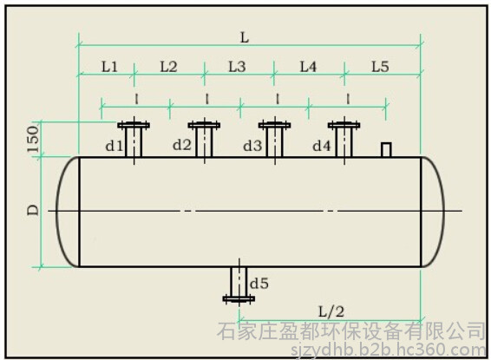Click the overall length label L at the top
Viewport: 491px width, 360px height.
pyautogui.click(x=245, y=38)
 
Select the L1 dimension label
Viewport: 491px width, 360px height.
pyautogui.click(x=109, y=67)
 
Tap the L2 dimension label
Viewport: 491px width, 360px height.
pyautogui.click(x=168, y=67)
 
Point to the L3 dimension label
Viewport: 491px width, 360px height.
pyautogui.click(x=237, y=67)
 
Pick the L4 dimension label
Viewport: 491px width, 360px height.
pyautogui.click(x=309, y=67)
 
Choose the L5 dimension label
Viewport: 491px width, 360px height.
pyautogui.click(x=380, y=67)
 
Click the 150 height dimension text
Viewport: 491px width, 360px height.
pyautogui.click(x=34, y=140)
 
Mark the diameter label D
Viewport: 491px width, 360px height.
pyautogui.click(x=33, y=210)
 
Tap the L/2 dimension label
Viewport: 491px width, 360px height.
pyautogui.click(x=331, y=311)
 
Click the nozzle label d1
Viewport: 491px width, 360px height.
pyautogui.click(x=115, y=146)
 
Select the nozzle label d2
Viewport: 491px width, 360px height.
pyautogui.click(x=182, y=145)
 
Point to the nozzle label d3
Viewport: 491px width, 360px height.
pyautogui.click(x=252, y=146)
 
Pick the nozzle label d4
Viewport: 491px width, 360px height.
pyautogui.click(x=322, y=146)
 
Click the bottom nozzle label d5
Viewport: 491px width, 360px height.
pyautogui.click(x=259, y=284)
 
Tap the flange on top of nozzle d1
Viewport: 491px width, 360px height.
pyautogui.click(x=134, y=125)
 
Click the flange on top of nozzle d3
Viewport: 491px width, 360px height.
pyautogui.click(x=275, y=125)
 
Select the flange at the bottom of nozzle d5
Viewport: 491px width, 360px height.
pyautogui.click(x=239, y=299)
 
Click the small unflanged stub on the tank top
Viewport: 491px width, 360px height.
pyautogui.click(x=386, y=149)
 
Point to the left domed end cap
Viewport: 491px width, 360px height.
pyautogui.click(x=57, y=212)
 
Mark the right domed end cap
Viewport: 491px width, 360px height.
pyautogui.click(x=442, y=212)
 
